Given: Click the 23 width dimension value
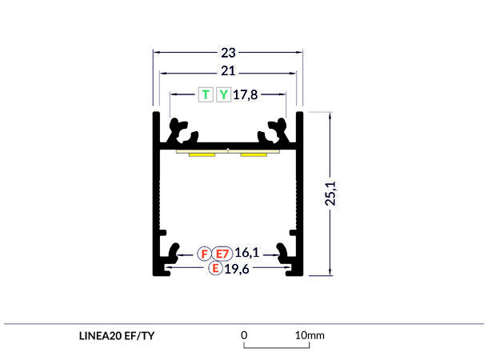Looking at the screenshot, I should [228, 54].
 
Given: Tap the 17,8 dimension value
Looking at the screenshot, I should [246, 94].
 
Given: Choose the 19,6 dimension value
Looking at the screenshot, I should [238, 269].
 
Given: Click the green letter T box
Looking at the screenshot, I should [206, 94].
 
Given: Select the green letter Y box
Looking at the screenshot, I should [223, 94].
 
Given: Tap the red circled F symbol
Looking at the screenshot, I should [205, 254].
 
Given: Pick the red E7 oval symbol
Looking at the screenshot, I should [222, 254].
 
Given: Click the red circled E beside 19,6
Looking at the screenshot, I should [214, 269].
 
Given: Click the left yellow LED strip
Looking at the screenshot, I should [202, 154].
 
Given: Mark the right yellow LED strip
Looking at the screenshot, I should [254, 154].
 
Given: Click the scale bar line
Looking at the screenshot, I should [273, 347].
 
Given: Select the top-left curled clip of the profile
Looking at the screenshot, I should [179, 130].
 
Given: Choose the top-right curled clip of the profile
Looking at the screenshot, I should [276, 130].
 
